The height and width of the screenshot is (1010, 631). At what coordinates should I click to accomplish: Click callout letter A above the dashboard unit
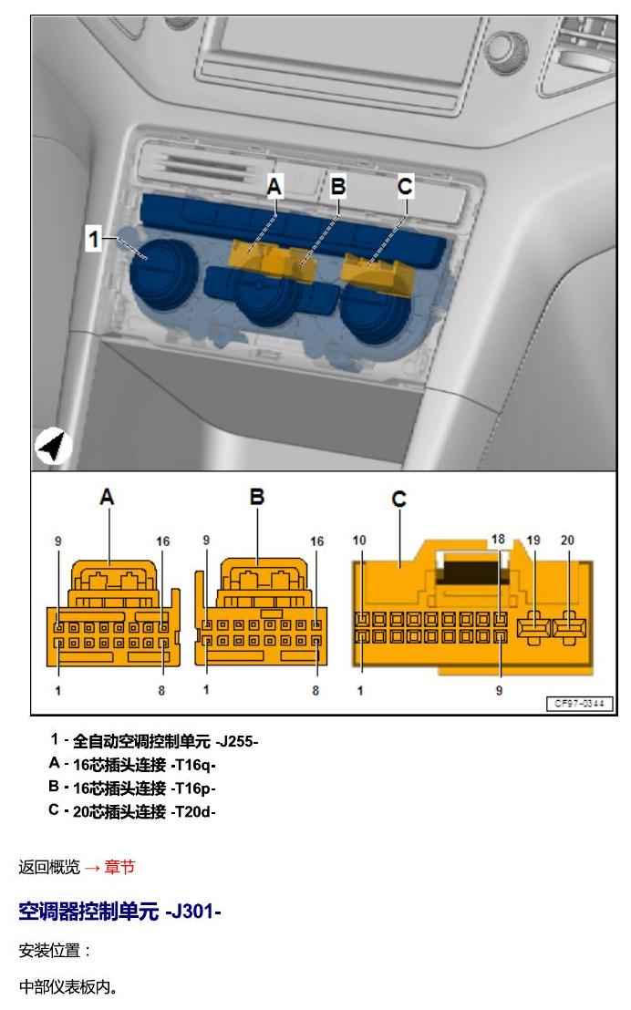click(x=274, y=187)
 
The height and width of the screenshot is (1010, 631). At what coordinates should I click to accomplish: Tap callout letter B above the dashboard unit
click(x=338, y=187)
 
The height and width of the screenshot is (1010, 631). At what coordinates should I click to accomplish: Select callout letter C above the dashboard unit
click(x=405, y=187)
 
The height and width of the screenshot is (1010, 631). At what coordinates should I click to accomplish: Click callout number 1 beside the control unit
click(x=94, y=239)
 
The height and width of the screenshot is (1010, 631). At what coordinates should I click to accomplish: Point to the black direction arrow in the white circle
click(x=53, y=446)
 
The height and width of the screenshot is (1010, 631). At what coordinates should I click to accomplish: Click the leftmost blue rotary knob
click(x=164, y=273)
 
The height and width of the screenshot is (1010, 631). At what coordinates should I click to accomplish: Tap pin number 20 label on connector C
click(x=567, y=540)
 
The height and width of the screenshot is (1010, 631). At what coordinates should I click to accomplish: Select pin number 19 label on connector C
click(x=533, y=540)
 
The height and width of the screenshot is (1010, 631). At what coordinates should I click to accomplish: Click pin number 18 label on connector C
click(x=498, y=539)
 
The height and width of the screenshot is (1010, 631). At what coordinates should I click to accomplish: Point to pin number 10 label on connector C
click(x=359, y=540)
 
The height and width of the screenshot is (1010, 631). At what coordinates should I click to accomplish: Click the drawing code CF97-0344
click(x=579, y=704)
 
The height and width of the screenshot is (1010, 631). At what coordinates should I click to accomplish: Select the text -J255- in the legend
click(x=236, y=741)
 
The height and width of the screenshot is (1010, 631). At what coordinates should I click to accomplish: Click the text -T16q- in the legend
click(x=193, y=765)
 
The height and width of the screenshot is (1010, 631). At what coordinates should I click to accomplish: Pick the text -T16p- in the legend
click(x=193, y=788)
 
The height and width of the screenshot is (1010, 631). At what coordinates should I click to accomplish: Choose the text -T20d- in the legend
click(x=193, y=811)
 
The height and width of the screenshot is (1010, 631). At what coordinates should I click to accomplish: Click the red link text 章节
click(x=119, y=867)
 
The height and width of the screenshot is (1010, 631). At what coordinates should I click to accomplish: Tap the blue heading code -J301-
click(x=193, y=912)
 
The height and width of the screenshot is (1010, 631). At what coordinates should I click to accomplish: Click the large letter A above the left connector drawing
click(x=107, y=497)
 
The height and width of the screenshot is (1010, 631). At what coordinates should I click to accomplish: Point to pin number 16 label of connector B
click(x=316, y=541)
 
